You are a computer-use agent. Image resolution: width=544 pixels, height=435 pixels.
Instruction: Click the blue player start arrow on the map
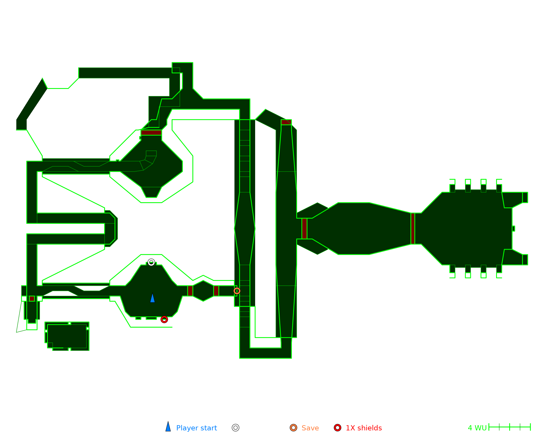[x=153, y=298]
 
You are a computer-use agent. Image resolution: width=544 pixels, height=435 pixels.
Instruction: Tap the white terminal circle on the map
[x=152, y=262]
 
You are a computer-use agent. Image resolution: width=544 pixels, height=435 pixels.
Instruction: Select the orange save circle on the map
[x=237, y=291]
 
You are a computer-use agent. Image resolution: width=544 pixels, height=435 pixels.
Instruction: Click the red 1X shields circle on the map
[x=164, y=319]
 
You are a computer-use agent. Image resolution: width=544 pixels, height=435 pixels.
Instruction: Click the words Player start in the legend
[x=196, y=428]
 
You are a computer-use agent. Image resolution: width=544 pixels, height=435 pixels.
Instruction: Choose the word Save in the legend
[x=310, y=428]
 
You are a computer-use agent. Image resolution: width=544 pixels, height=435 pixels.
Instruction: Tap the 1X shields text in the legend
[x=364, y=428]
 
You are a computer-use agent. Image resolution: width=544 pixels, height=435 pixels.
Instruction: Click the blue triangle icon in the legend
[x=168, y=427]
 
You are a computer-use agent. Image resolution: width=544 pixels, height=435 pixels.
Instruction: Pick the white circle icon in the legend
[x=236, y=428]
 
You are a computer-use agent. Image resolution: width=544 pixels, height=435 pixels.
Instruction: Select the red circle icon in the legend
[x=338, y=428]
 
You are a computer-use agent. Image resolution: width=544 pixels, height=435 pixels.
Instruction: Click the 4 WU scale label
[x=477, y=428]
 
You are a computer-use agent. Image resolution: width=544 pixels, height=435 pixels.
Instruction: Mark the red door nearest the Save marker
[x=216, y=291]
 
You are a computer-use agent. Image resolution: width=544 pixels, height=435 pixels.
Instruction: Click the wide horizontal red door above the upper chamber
[x=151, y=133]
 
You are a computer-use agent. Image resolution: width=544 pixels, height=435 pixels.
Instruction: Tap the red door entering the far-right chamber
[x=413, y=229]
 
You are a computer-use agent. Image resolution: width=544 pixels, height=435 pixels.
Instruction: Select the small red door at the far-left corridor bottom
[x=32, y=299]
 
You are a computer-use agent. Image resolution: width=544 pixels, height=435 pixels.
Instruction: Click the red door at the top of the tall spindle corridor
[x=286, y=122]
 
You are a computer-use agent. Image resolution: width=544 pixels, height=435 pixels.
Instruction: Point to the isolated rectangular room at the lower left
[x=67, y=336]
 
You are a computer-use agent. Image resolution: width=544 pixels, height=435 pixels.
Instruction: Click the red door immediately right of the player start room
[x=190, y=291]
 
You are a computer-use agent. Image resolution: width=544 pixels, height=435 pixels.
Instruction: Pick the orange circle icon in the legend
[x=293, y=428]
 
